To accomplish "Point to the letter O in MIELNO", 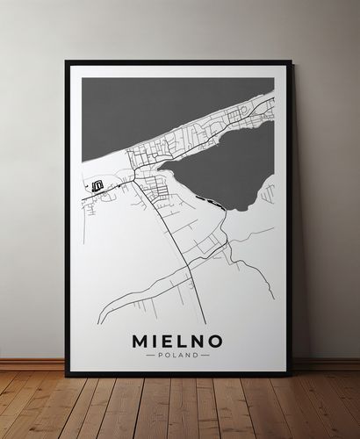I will tap(214, 340).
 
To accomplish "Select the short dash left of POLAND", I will tap(150, 355).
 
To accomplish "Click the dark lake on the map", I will tap(224, 167).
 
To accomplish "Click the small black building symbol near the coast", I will tap(97, 184).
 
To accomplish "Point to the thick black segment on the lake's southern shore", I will tap(213, 203).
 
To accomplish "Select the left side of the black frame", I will tap(68, 219).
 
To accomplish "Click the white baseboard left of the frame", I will tap(32, 363).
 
